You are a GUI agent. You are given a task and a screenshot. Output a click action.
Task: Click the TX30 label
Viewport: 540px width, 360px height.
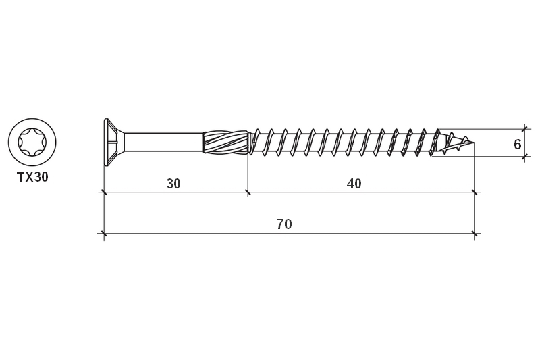(32, 177)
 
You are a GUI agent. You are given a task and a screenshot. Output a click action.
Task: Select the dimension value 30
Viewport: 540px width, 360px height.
(173, 184)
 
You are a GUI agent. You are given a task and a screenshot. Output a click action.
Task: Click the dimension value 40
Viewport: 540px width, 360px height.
(354, 184)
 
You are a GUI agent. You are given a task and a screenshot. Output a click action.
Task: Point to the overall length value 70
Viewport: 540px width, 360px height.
(284, 224)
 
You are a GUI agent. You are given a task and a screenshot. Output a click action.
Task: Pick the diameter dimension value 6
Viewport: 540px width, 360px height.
(517, 145)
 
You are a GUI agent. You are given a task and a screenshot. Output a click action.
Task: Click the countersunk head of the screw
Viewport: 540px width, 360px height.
(114, 143)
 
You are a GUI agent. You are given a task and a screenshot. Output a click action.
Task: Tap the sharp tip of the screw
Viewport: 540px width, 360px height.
(475, 143)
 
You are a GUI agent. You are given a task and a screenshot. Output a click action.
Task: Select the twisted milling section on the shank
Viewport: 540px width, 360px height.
(225, 142)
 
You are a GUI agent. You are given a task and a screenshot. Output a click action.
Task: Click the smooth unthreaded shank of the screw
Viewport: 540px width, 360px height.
(163, 142)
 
